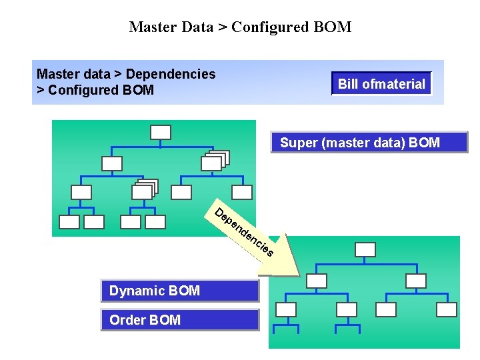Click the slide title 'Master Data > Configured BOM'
click(x=240, y=27)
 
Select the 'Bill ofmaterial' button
click(x=381, y=84)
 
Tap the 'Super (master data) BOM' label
click(x=369, y=143)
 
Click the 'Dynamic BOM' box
click(x=179, y=291)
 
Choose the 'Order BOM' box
click(x=179, y=320)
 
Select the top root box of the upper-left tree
click(x=161, y=132)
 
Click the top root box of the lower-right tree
click(x=365, y=249)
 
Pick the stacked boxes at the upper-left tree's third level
click(x=144, y=191)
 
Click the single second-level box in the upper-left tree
click(x=112, y=163)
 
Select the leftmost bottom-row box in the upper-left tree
click(x=69, y=222)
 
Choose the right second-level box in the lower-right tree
click(x=415, y=281)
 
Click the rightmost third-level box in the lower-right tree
click(x=446, y=309)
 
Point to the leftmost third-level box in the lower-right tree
click(x=286, y=309)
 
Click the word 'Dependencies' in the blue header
click(x=171, y=74)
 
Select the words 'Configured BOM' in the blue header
click(x=100, y=90)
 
